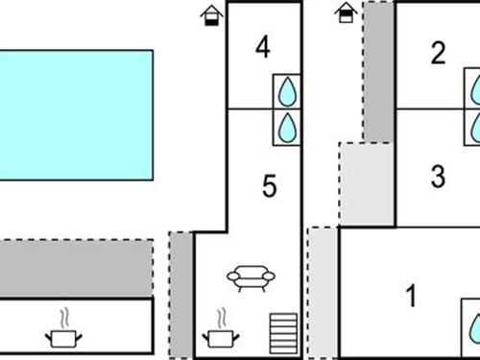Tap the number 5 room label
269,185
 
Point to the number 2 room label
439,54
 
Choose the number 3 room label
438,177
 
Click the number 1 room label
412,297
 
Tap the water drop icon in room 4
287,92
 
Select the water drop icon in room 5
287,127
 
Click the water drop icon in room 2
474,92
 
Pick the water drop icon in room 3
474,125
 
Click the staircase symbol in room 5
281,334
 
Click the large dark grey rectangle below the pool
76,268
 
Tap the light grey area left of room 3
368,183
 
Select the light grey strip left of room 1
324,291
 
